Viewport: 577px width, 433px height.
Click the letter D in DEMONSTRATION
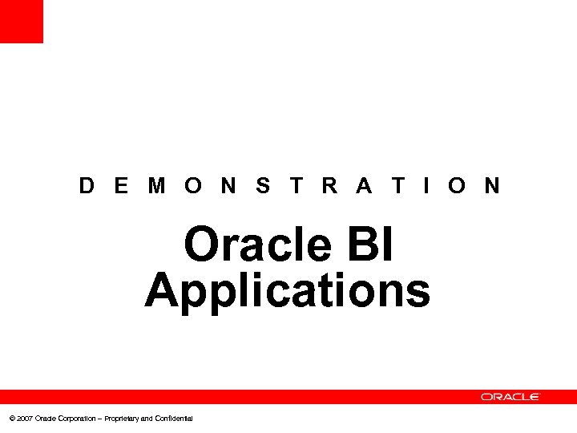(87, 186)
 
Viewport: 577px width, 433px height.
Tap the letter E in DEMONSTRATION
(121, 186)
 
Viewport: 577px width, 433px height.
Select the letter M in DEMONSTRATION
(157, 186)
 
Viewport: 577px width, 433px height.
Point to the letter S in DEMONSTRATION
(263, 186)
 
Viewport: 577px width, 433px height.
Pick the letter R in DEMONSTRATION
(329, 186)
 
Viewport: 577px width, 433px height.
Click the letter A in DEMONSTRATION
(364, 186)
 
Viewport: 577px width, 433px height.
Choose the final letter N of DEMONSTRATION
(492, 186)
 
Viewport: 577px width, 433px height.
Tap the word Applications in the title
(288, 290)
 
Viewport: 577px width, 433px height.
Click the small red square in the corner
(21, 21)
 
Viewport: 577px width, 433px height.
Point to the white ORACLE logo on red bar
(510, 396)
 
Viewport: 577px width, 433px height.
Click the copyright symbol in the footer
(10, 419)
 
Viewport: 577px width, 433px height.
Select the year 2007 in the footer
(24, 419)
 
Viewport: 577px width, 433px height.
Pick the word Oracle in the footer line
(45, 419)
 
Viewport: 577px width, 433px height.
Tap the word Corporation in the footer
(76, 419)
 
